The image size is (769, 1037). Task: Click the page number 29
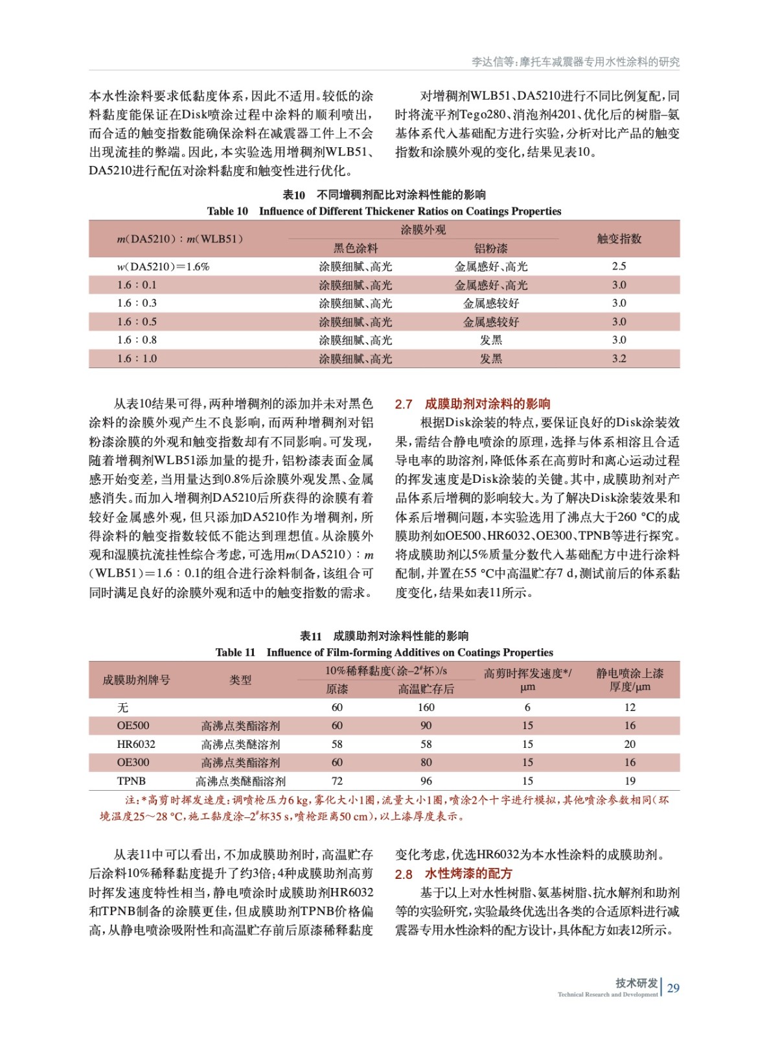coord(673,988)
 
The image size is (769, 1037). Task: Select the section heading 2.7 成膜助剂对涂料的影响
coord(472,404)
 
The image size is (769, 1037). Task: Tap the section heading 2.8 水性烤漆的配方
coord(453,874)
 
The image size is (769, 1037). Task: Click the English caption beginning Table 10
coord(384,211)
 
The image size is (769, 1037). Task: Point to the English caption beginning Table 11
coord(384,652)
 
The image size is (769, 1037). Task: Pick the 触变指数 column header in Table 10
coord(619,239)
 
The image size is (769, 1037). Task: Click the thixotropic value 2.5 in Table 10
coord(619,266)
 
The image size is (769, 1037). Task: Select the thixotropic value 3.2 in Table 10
coord(619,358)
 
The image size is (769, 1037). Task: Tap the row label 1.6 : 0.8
coord(137,340)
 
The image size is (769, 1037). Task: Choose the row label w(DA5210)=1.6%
coord(163,266)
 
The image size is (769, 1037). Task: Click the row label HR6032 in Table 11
coord(136,744)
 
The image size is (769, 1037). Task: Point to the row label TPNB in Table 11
coord(132,781)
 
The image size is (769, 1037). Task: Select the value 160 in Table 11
coord(426,707)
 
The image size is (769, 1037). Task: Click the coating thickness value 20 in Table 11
coord(630,744)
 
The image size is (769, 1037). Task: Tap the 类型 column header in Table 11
coord(240,680)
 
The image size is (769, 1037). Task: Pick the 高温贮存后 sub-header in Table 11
coord(426,689)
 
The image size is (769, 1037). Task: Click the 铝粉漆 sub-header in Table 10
coord(490,248)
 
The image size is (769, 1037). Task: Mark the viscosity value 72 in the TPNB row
coord(337,781)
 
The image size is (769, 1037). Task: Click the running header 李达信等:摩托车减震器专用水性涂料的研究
coord(575,62)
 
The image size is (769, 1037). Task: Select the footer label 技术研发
coord(636,983)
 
